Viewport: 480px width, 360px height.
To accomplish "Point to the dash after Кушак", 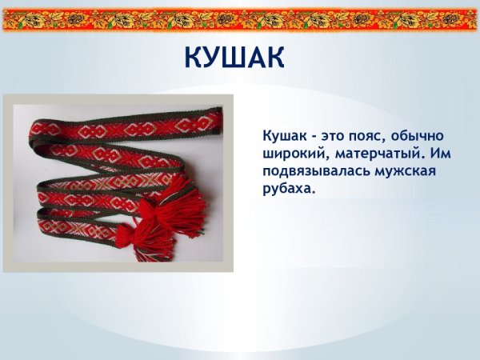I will coord(310,136).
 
